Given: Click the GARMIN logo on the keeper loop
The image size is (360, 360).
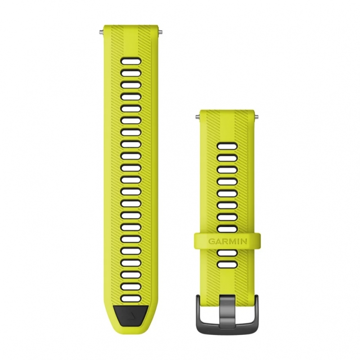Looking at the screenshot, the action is click(x=228, y=241).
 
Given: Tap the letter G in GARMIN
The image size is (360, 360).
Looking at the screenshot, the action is click(x=211, y=241).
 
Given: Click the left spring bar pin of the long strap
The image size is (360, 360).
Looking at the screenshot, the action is click(x=101, y=32).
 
